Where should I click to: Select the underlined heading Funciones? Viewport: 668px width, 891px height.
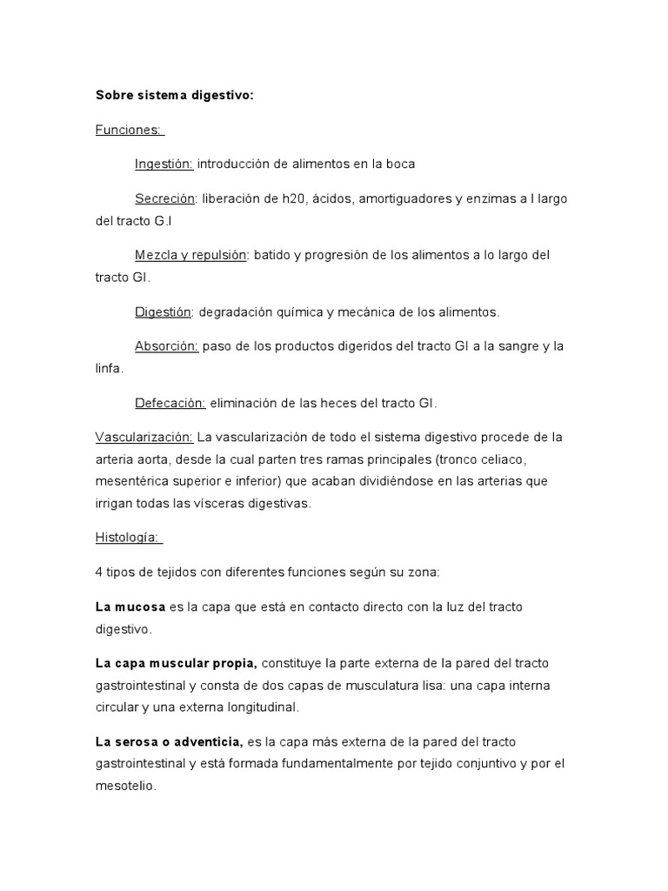coord(128,130)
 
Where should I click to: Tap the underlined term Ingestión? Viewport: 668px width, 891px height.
coord(164,164)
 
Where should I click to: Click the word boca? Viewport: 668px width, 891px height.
coord(399,164)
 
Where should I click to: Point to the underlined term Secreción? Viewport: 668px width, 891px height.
coord(165,198)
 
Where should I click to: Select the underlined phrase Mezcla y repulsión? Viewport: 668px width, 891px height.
coord(190,255)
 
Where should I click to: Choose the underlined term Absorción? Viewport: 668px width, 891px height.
coord(166,345)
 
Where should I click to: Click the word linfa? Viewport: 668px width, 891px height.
coord(108,368)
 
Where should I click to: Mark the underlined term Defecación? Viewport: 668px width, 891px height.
coord(170,403)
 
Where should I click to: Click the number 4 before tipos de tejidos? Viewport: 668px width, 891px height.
coord(99,572)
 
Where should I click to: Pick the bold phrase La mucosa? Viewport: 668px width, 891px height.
coord(130,606)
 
